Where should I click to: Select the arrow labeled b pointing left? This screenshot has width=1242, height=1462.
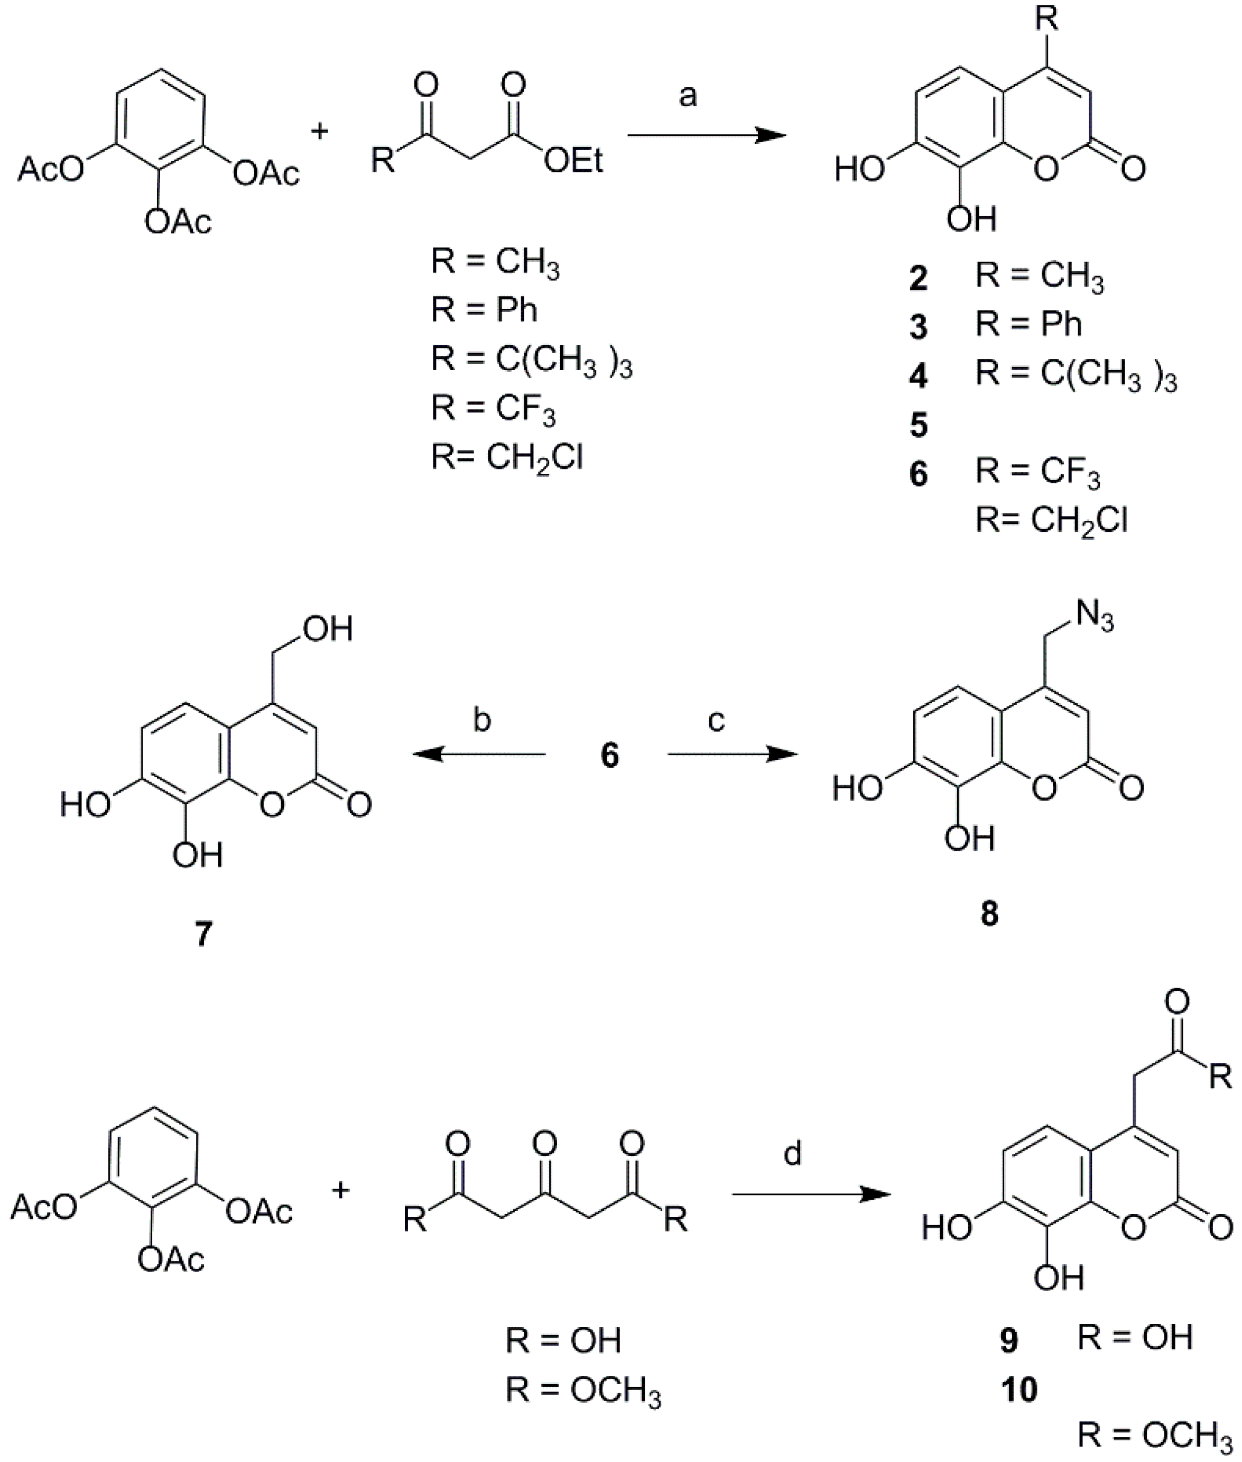pyautogui.click(x=479, y=754)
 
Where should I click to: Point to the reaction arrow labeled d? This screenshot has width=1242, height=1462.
pyautogui.click(x=810, y=1194)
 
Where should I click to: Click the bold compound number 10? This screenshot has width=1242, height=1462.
pyautogui.click(x=1019, y=1390)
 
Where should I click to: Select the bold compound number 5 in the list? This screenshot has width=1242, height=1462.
pyautogui.click(x=918, y=425)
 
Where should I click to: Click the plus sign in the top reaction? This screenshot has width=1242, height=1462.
pyautogui.click(x=320, y=131)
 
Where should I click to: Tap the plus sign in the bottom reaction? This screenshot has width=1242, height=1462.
pyautogui.click(x=341, y=1190)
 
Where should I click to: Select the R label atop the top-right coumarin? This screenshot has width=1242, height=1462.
pyautogui.click(x=1046, y=19)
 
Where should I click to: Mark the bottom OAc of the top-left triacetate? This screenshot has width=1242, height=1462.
pyautogui.click(x=178, y=222)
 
